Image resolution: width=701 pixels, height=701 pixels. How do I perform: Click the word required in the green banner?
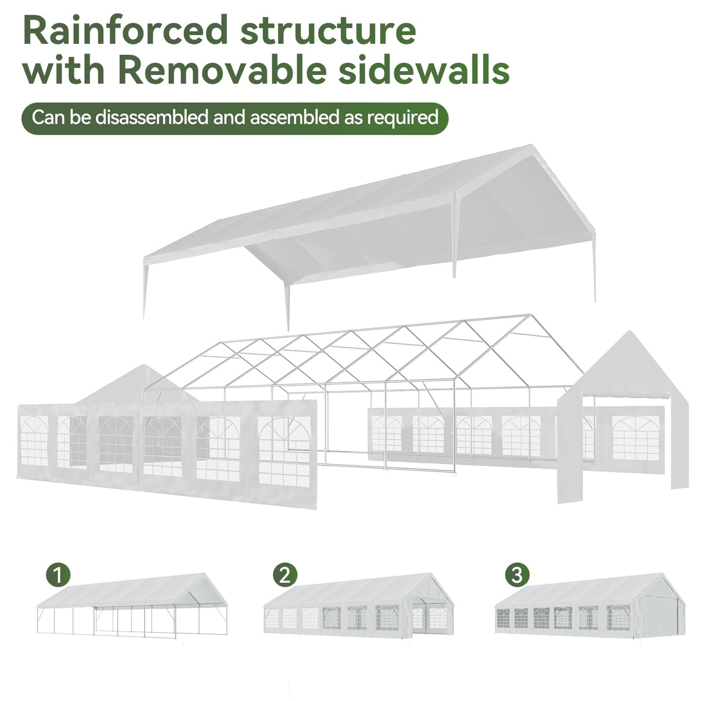click(402, 117)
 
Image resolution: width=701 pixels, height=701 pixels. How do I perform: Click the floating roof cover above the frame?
click(370, 219)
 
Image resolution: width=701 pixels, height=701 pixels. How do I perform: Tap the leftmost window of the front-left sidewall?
click(34, 442)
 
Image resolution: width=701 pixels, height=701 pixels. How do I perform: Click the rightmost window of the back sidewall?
click(635, 438)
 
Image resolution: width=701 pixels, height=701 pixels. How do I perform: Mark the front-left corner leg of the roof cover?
click(145, 289)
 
